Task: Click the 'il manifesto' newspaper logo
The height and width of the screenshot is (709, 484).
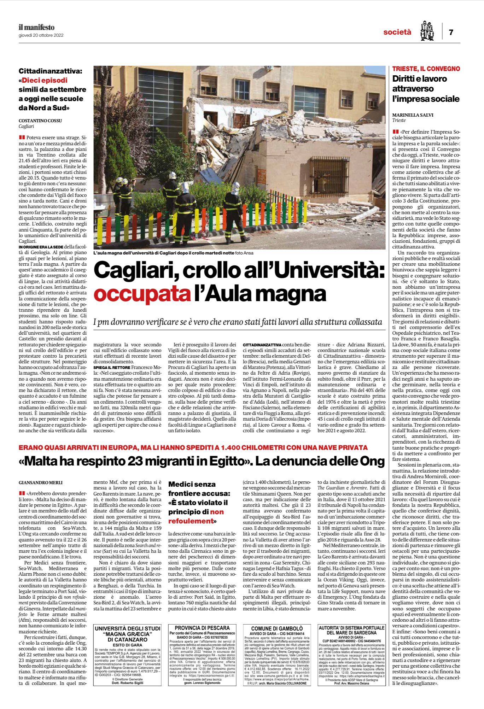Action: tap(36, 27)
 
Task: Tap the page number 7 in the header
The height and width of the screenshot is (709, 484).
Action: tap(451, 32)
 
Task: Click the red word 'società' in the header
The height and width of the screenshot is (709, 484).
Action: tap(397, 32)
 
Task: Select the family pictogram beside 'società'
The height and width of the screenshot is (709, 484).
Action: tap(427, 31)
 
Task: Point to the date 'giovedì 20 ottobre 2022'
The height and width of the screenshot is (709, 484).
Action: tap(41, 35)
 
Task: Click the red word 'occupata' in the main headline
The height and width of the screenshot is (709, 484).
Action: tap(141, 294)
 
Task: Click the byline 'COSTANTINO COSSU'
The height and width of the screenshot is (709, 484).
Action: tap(40, 121)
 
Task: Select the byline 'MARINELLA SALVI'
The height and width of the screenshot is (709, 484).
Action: tap(413, 115)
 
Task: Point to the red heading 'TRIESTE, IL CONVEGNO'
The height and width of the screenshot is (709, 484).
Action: tap(426, 69)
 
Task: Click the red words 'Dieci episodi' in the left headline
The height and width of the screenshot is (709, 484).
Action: tap(45, 80)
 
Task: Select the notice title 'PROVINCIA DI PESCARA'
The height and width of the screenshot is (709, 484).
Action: tap(200, 628)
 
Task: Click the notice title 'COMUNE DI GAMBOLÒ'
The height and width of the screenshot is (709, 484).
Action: tap(276, 628)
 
